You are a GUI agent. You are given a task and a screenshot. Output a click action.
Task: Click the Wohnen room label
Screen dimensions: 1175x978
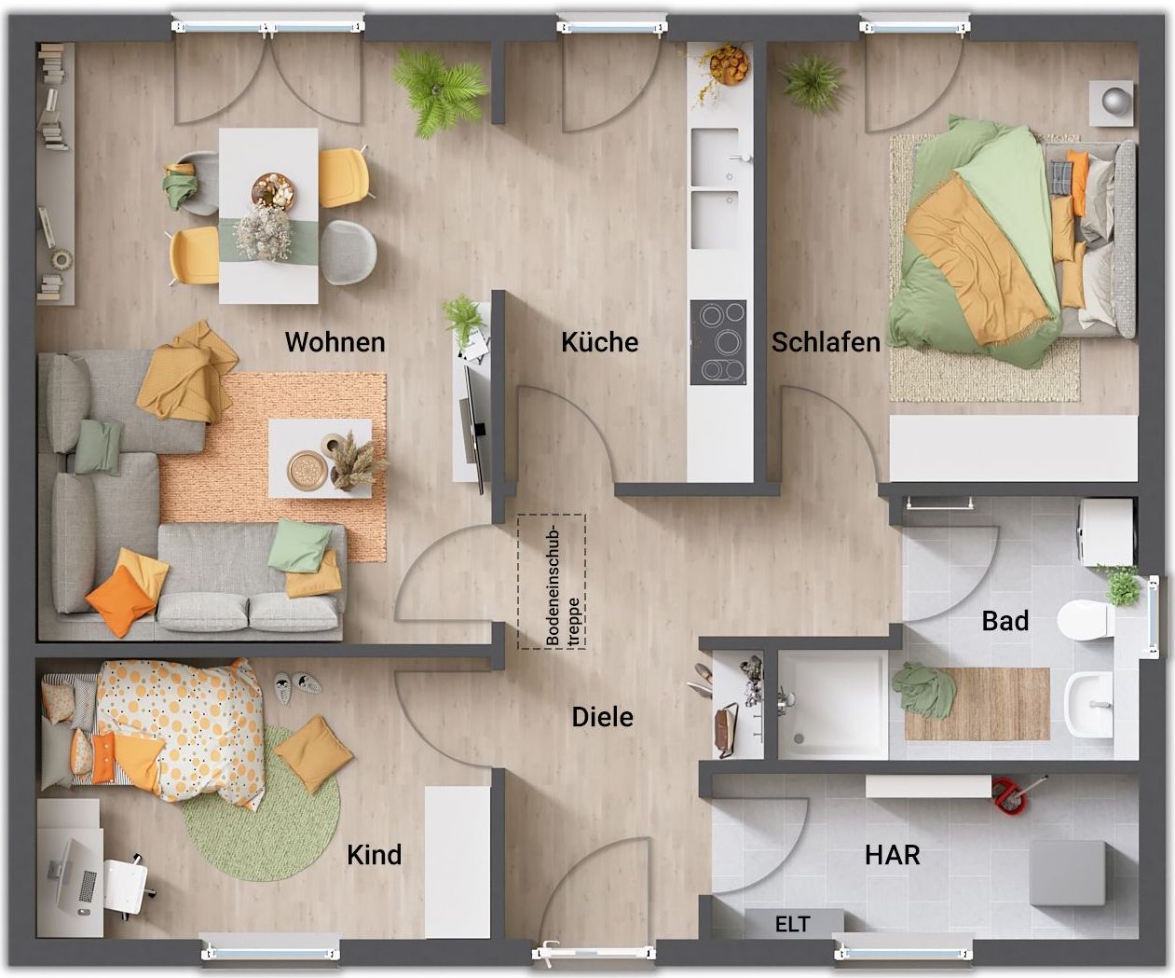335,342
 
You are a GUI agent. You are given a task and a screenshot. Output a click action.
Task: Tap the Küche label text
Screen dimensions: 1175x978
600,342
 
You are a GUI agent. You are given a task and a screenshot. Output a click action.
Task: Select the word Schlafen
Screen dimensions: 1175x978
826,342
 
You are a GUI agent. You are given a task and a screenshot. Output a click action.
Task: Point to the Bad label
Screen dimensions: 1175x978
1005,621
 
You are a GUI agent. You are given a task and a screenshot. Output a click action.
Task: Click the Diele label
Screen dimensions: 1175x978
602,717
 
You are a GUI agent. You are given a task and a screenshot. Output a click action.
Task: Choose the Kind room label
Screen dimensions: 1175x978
375,855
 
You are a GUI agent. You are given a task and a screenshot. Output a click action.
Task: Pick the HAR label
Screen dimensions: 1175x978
892,855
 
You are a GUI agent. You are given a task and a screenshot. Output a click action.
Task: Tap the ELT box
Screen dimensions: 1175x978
794,923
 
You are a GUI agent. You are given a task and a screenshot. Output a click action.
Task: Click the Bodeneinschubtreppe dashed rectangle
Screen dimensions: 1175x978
552,582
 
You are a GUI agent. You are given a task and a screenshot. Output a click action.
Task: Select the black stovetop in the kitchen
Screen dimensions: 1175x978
718,342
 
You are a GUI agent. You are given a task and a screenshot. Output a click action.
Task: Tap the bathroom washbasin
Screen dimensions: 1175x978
1089,704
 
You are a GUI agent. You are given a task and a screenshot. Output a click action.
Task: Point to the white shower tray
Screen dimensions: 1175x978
833,705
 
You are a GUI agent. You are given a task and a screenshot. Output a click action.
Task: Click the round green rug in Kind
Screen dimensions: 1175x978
262,803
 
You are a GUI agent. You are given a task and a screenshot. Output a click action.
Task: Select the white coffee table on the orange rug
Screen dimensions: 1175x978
320,459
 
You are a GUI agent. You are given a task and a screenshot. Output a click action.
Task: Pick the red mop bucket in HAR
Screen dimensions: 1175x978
1009,794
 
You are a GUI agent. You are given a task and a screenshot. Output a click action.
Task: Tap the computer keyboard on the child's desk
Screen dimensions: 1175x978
88,886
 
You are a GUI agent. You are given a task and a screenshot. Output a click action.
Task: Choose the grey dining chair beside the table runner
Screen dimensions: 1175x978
348,252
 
